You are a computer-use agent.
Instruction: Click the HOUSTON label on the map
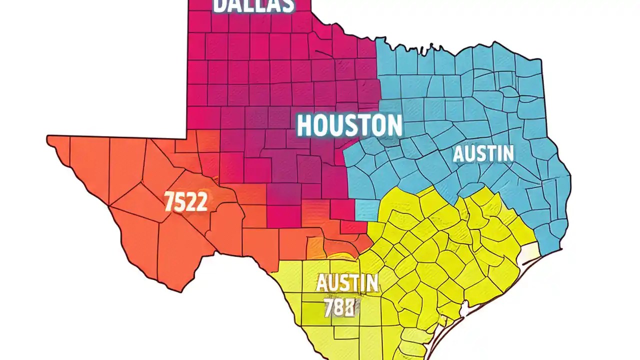click(349, 125)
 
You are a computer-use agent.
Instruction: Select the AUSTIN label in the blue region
click(483, 153)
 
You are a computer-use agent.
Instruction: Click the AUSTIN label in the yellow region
click(347, 284)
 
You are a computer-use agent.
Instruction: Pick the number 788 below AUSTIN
click(339, 307)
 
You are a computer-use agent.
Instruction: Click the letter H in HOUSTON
click(306, 125)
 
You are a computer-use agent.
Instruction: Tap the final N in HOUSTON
click(393, 125)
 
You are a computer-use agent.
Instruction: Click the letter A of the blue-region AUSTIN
click(459, 154)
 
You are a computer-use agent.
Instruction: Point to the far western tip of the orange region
click(48, 139)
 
